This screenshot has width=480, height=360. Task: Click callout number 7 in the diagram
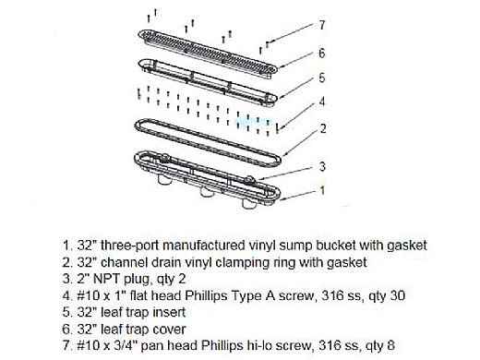(322, 25)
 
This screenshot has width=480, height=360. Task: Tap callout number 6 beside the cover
(322, 54)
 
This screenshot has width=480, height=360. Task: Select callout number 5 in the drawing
(322, 78)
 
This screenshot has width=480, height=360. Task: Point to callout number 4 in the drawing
(322, 102)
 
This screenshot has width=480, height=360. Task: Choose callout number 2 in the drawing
(323, 128)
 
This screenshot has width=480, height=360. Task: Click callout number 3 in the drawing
(322, 166)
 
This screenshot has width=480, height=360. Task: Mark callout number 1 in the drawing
(322, 190)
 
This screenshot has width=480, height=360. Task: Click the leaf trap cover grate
(208, 53)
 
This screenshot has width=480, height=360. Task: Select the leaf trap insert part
(208, 82)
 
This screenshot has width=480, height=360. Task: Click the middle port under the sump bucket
(206, 192)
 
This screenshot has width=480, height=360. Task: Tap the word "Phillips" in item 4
(206, 296)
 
